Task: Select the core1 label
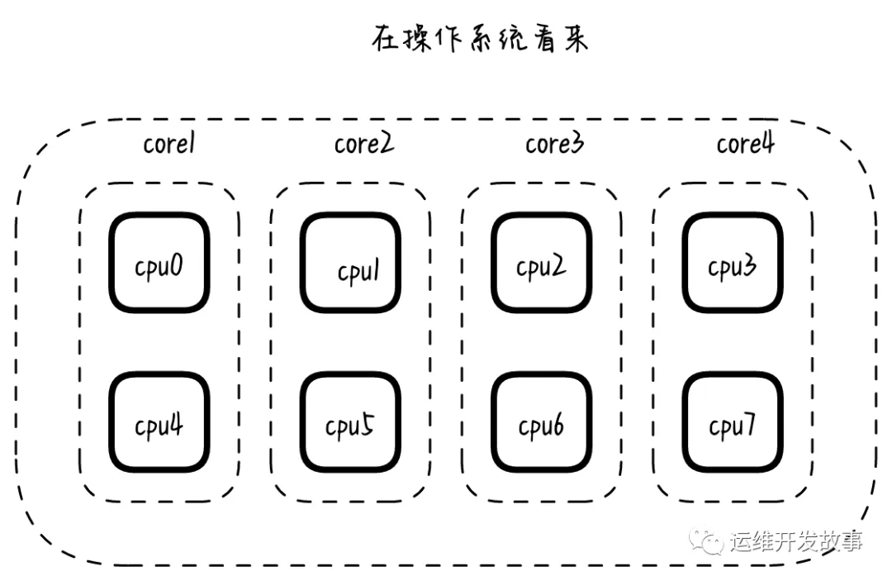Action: pos(169,144)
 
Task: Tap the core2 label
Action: pos(363,144)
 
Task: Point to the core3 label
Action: pos(554,144)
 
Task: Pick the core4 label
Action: pos(745,144)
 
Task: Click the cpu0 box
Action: pos(159,264)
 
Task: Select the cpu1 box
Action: pos(350,264)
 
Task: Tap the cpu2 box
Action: pos(542,264)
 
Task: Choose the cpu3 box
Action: pos(733,264)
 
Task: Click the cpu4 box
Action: pos(159,423)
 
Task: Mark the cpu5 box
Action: pos(350,423)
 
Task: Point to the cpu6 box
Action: pos(542,423)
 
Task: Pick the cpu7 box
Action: pos(733,423)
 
